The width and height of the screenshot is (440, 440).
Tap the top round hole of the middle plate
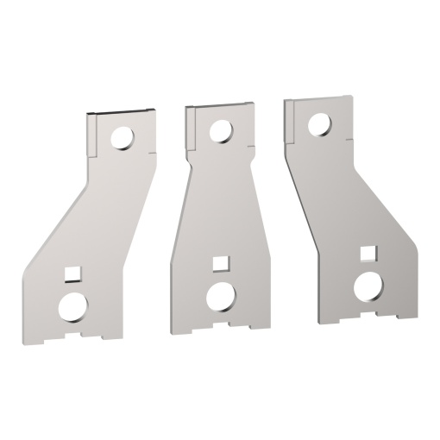pos(220,130)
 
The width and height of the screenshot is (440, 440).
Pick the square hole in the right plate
pos(368,254)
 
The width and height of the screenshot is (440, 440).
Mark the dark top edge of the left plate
pos(123,112)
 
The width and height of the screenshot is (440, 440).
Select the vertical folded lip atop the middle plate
pos(192,127)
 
